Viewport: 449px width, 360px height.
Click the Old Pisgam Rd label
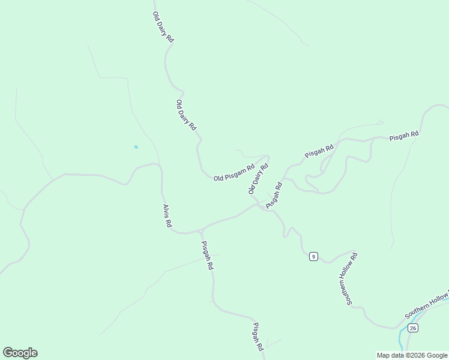pyautogui.click(x=234, y=173)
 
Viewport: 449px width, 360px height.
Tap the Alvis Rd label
pyautogui.click(x=167, y=216)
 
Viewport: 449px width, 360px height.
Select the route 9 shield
pyautogui.click(x=313, y=257)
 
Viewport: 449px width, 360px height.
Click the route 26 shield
pyautogui.click(x=412, y=328)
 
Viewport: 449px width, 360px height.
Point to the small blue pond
pyautogui.click(x=136, y=147)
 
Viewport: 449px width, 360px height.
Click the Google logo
pyautogui.click(x=20, y=353)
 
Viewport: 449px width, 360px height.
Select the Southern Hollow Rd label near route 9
pyautogui.click(x=352, y=278)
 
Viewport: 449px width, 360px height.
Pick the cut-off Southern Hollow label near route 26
pyautogui.click(x=426, y=305)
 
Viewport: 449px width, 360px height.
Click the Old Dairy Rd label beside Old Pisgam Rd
pyautogui.click(x=258, y=178)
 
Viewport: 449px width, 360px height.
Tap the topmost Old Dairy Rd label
pyautogui.click(x=163, y=27)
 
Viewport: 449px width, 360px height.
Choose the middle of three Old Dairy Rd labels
pyautogui.click(x=186, y=115)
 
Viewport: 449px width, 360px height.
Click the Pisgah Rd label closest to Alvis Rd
pyautogui.click(x=206, y=255)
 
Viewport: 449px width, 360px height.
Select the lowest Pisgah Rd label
pyautogui.click(x=258, y=337)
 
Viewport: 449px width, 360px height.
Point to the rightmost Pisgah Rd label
pyautogui.click(x=403, y=136)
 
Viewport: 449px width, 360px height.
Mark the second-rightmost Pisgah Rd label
pyautogui.click(x=319, y=151)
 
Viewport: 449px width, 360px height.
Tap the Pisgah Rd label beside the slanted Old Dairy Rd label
pyautogui.click(x=274, y=195)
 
